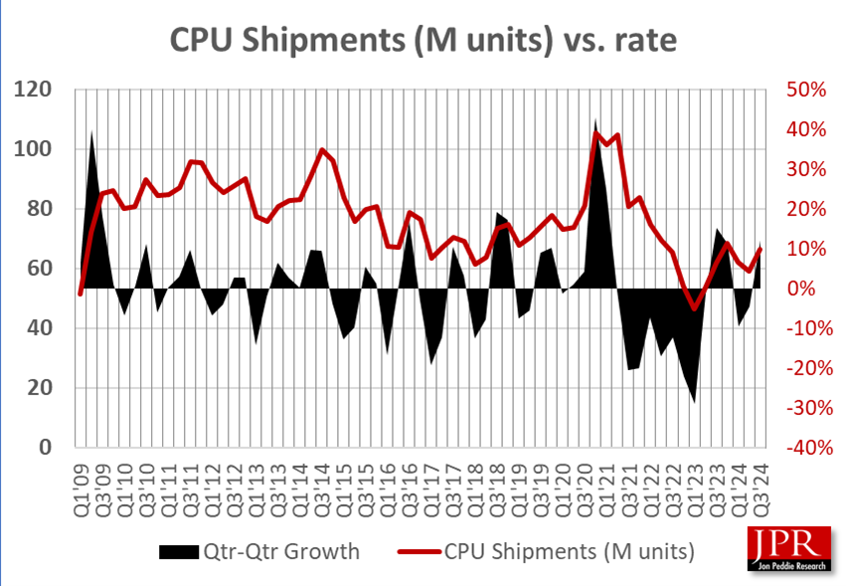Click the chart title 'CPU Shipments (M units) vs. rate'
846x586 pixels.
(423, 39)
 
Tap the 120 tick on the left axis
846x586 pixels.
(41, 90)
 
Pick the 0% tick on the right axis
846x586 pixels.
(809, 289)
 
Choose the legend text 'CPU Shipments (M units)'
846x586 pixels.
(569, 550)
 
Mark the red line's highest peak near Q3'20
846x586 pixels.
(596, 133)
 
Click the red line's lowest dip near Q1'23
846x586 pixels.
(696, 309)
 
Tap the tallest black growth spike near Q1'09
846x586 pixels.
(91, 132)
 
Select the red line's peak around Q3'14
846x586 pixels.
(322, 150)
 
